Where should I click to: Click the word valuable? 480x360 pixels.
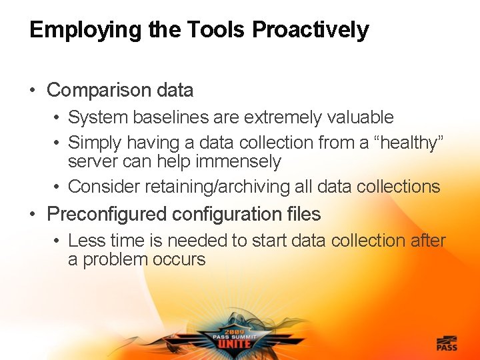point(361,117)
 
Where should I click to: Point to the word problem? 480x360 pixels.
point(115,259)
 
